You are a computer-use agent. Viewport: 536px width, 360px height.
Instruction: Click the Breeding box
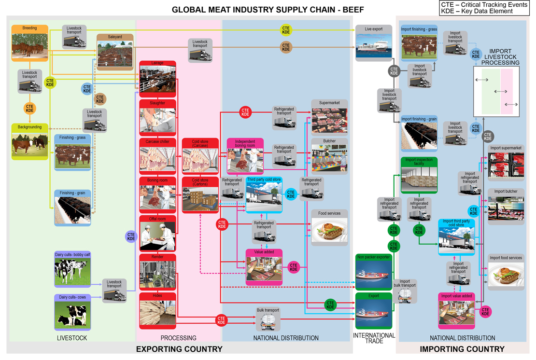point(29,42)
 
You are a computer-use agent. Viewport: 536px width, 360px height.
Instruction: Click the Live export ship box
point(374,43)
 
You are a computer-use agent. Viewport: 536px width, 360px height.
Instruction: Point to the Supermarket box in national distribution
point(329,117)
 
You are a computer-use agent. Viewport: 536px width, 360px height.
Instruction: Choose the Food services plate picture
point(329,230)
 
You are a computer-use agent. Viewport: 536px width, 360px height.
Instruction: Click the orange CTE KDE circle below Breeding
point(29,108)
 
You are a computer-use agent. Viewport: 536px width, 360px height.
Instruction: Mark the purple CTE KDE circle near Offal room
point(131,236)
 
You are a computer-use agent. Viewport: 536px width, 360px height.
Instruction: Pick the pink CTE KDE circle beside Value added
point(294,266)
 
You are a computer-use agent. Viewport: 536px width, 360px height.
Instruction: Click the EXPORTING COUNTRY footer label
point(179,349)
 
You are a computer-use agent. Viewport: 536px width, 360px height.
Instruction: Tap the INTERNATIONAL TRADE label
point(374,338)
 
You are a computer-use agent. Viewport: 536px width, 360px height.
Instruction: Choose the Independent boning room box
point(245,156)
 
